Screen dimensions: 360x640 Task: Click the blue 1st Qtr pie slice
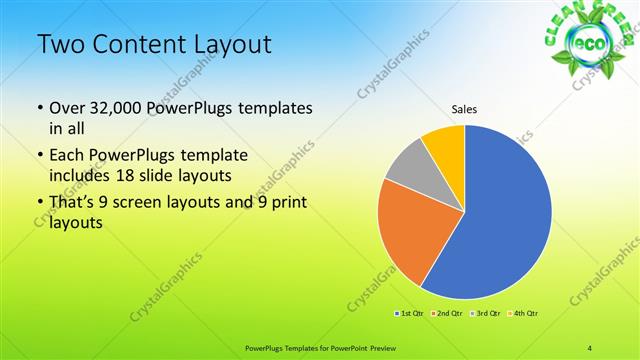[500, 215]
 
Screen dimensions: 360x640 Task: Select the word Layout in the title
[232, 44]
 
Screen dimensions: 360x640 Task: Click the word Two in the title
[59, 44]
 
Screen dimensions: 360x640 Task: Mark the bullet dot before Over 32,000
[40, 108]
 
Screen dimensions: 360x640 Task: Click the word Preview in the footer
[397, 346]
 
